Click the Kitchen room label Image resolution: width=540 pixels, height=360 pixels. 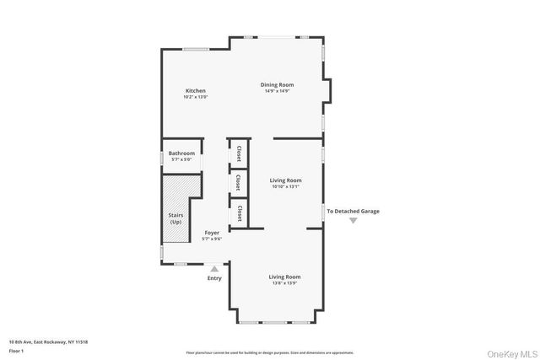point(195,91)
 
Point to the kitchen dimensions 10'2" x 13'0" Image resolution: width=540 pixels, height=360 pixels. point(195,97)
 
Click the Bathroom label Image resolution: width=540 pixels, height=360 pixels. point(181,153)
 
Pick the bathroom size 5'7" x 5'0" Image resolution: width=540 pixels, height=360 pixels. point(181,159)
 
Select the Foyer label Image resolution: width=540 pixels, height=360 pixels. point(211,233)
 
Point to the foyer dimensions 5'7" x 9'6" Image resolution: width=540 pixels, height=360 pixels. point(211,239)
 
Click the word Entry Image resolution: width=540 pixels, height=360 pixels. point(214,277)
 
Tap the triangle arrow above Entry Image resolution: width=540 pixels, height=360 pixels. point(214,269)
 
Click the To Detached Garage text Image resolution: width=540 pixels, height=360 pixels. point(354,211)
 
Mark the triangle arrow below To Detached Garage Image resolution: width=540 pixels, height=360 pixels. point(354,220)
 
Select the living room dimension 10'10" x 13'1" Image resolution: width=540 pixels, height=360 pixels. point(285,186)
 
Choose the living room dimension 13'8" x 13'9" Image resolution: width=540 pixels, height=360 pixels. point(285,282)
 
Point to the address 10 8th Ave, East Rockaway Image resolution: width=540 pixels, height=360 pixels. point(47,341)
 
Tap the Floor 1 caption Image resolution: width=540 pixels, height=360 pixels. point(15,350)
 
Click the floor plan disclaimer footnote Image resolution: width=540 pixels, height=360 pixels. point(270,352)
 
